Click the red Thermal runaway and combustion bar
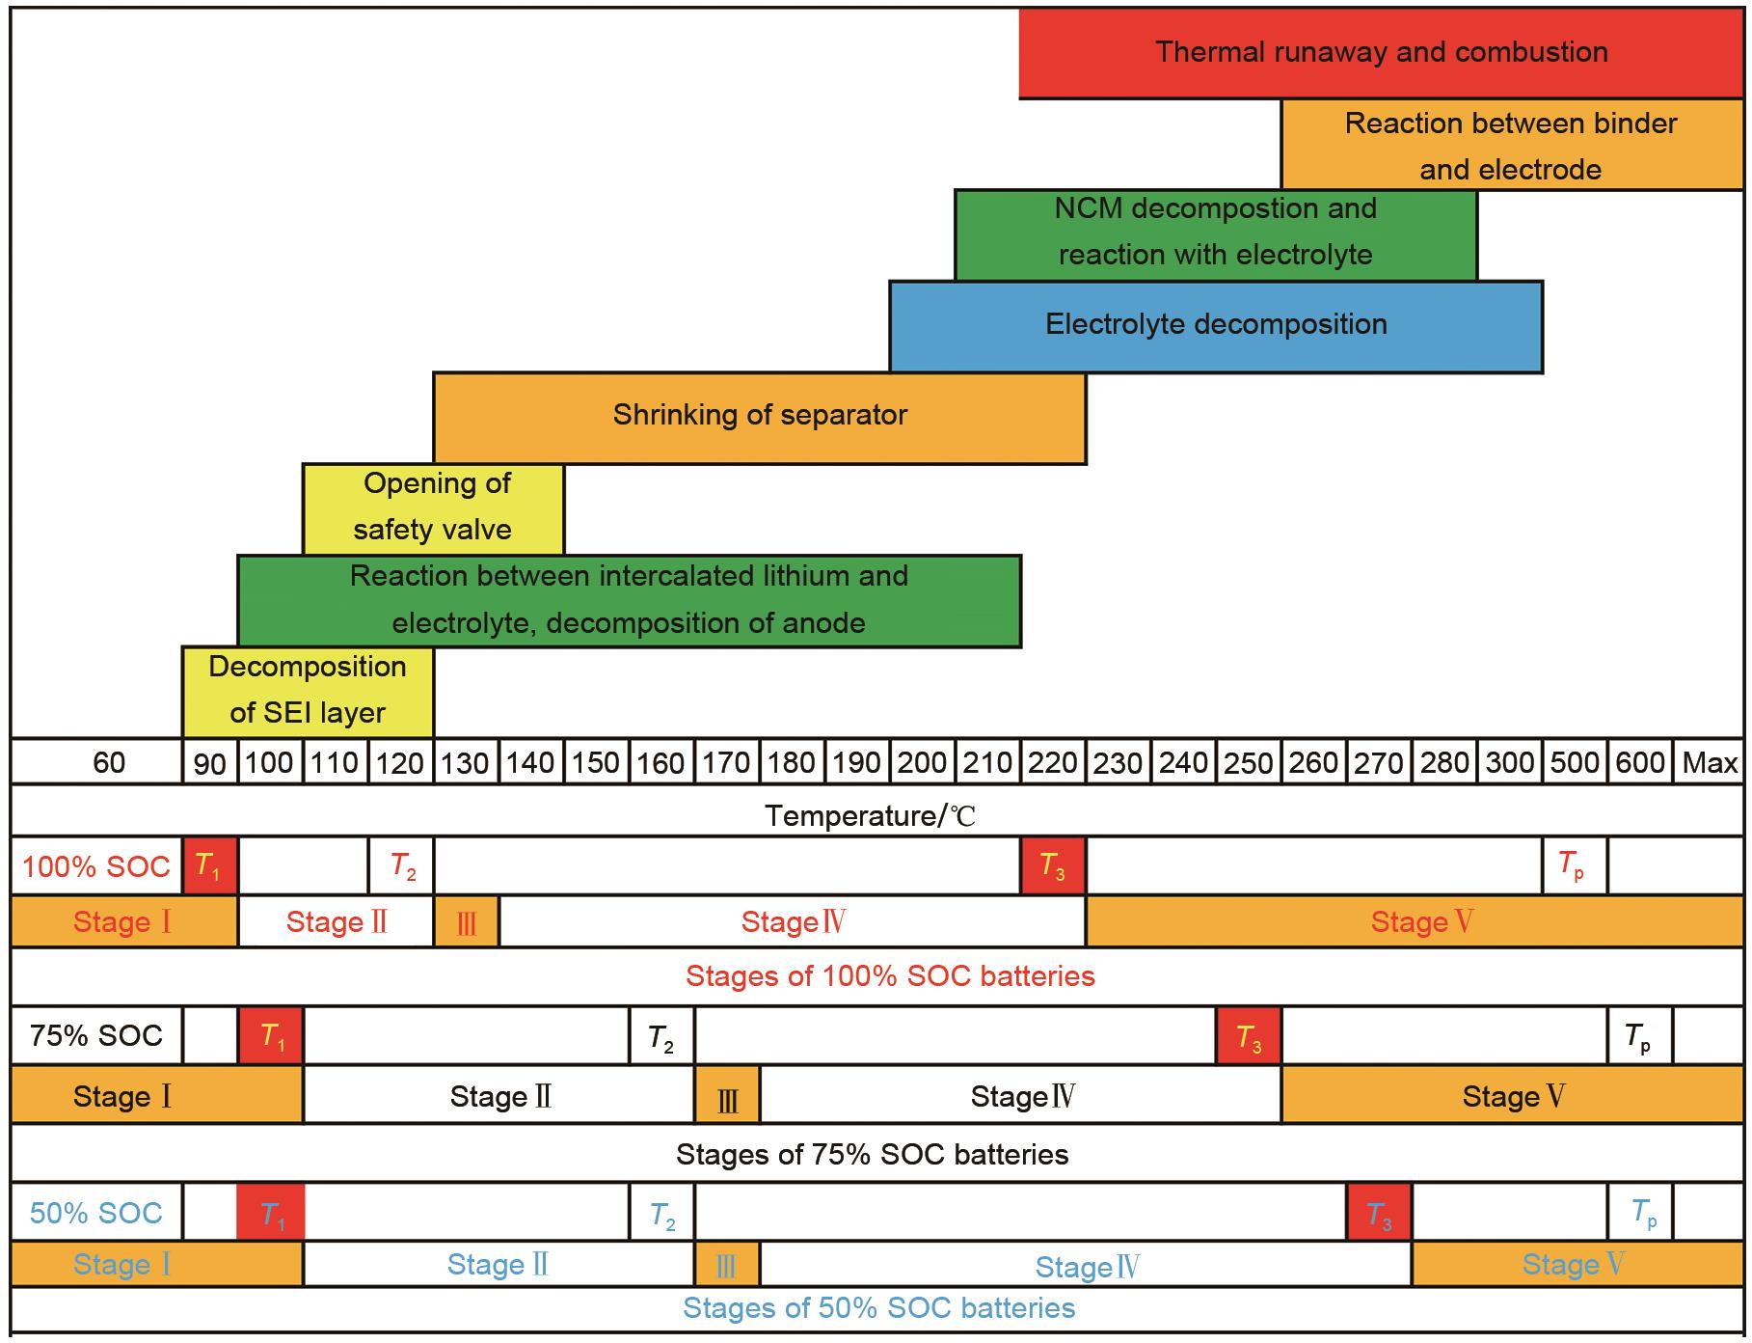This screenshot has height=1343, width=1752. (1381, 52)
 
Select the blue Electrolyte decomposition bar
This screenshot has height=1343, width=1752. (1216, 326)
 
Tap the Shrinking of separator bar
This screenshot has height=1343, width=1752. (760, 417)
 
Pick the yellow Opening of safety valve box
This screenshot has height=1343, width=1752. (433, 507)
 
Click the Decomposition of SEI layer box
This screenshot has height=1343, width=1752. (308, 691)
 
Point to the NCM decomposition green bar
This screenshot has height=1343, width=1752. (1215, 233)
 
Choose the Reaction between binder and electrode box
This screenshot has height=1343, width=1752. (1510, 145)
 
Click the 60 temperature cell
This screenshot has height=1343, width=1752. (108, 763)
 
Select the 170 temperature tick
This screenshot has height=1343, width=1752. (726, 763)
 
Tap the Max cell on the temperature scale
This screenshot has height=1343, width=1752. (1709, 763)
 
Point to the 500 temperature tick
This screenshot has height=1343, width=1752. (1575, 763)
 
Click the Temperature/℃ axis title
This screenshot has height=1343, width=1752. (871, 816)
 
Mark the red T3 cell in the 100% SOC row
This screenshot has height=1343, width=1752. (1052, 866)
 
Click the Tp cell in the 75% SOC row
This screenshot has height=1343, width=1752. (1638, 1037)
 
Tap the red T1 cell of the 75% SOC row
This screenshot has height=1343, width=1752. (271, 1037)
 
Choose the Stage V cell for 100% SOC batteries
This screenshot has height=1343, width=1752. (1414, 922)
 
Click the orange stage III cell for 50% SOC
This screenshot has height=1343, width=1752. (727, 1265)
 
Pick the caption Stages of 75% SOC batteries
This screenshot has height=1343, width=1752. (872, 1154)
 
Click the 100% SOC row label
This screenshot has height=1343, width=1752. (96, 866)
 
